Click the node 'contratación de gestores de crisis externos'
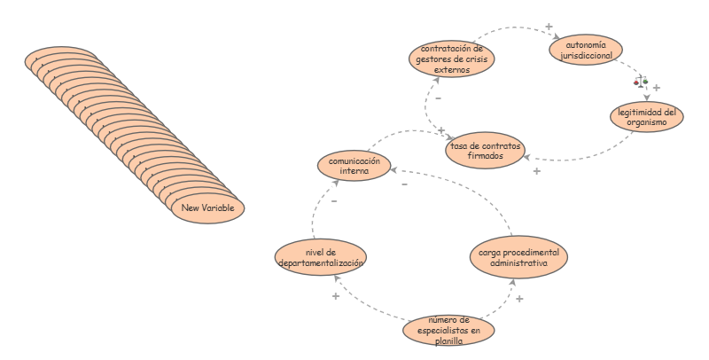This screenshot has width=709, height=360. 451,59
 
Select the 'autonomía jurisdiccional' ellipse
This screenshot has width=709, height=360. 586,50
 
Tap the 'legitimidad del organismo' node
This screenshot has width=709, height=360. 647,117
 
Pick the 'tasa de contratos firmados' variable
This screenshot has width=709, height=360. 485,150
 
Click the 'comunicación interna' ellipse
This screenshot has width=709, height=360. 354,166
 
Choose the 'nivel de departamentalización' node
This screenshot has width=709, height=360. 321,257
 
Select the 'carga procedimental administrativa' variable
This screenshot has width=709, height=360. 518,257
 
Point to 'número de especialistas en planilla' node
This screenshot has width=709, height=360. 448,330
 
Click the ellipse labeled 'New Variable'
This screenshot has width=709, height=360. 207,208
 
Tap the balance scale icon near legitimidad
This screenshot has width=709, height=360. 641,82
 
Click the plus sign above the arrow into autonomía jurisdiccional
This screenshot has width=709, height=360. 549,27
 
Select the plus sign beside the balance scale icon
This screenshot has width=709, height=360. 656,88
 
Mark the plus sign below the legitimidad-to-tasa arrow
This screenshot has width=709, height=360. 537,171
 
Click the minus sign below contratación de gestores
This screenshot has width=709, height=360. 438,98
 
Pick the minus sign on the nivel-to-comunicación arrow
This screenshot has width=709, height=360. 334,201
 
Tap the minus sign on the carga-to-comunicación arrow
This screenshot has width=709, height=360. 405,184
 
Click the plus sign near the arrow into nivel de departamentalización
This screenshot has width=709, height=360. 336,296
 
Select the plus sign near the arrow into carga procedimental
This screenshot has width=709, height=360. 519,299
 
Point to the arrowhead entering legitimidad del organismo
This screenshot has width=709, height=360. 647,98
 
